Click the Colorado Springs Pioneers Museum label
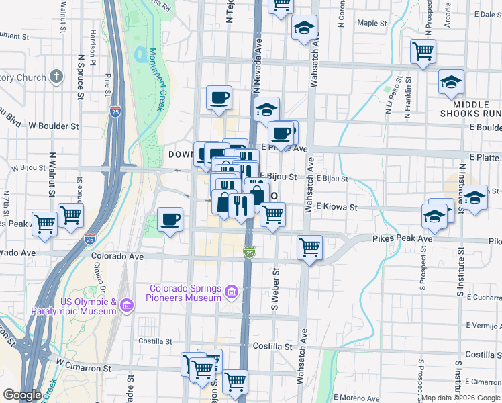[185, 293]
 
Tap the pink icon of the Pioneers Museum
[232, 292]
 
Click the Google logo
[22, 395]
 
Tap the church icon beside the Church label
[56, 77]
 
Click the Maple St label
[372, 23]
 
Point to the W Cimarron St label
[83, 368]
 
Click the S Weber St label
[274, 289]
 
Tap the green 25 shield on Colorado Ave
[249, 252]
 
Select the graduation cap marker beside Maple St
[304, 28]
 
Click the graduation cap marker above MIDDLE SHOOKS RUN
[451, 82]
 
